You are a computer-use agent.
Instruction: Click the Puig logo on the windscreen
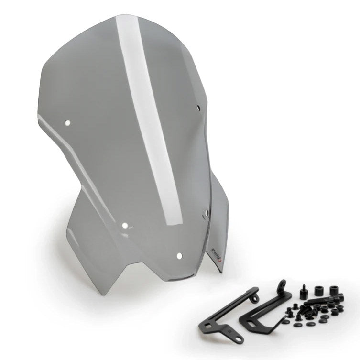coord(216,250)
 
